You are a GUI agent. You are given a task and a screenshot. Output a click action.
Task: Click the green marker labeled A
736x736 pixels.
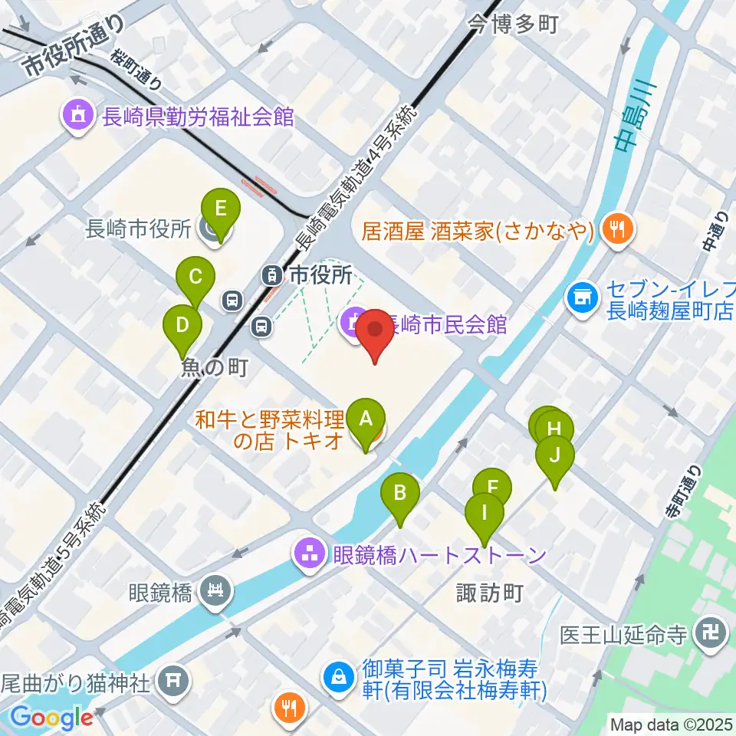pyautogui.click(x=366, y=420)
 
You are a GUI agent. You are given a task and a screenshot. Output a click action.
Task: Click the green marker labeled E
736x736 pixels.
pyautogui.click(x=219, y=209)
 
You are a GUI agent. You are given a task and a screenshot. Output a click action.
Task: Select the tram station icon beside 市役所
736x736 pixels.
pyautogui.click(x=271, y=274)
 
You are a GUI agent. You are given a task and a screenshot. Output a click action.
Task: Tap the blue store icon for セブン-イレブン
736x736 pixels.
pyautogui.click(x=582, y=296)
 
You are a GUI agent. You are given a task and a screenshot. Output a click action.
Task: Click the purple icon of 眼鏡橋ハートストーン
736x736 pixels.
pyautogui.click(x=310, y=555)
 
